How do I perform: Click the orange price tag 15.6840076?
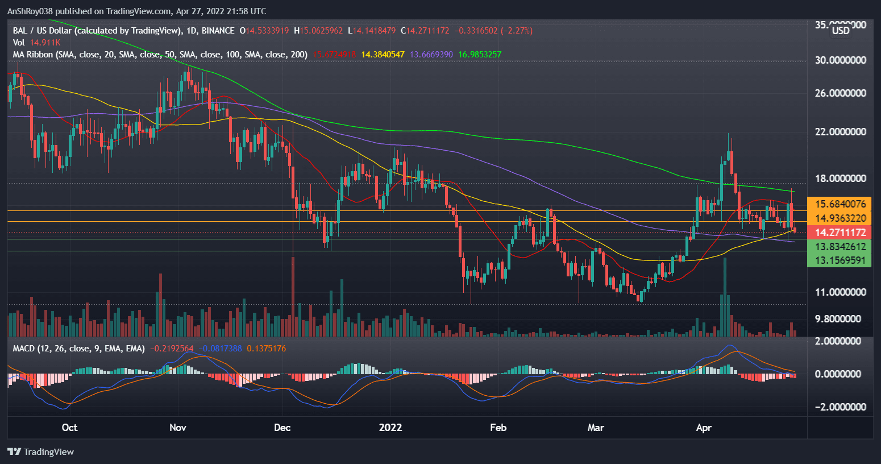click(840, 204)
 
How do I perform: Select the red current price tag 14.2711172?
click(840, 233)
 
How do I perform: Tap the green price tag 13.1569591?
click(840, 261)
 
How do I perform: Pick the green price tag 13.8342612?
click(840, 247)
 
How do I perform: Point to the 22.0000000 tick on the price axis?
click(840, 132)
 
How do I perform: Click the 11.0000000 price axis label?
click(840, 292)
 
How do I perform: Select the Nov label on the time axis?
click(178, 428)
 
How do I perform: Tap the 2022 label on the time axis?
click(390, 428)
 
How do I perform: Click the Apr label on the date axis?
click(704, 428)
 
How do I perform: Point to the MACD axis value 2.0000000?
click(840, 341)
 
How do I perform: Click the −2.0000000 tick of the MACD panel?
click(839, 407)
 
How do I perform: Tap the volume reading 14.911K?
click(45, 43)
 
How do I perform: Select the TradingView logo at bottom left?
click(41, 452)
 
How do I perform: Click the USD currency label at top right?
click(841, 31)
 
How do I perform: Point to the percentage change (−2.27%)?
click(517, 31)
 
